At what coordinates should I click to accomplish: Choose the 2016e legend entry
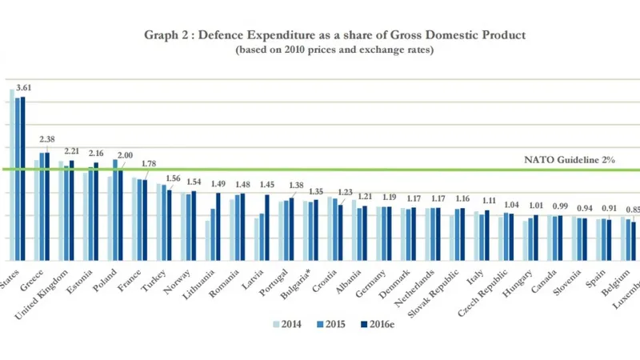[x=374, y=325]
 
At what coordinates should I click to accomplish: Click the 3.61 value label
[x=23, y=86]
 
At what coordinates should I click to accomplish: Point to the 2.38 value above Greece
[x=47, y=139]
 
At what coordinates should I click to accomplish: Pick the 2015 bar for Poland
[x=115, y=210]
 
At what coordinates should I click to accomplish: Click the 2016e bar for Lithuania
[x=218, y=226]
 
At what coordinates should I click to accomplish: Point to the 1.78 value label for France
[x=148, y=164]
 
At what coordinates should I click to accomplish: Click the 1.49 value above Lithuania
[x=218, y=183]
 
